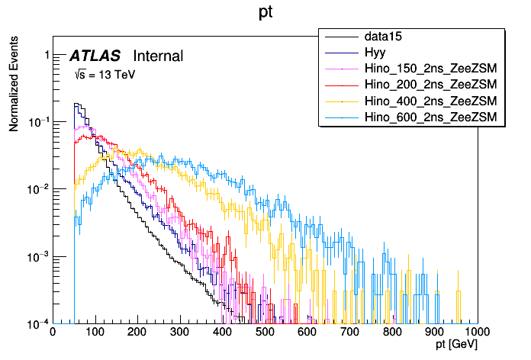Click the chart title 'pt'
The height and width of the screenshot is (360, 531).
[266, 13]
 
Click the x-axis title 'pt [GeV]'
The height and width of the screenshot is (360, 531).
[457, 345]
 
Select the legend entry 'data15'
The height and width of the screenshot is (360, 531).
[382, 37]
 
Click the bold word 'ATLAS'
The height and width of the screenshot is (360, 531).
[95, 56]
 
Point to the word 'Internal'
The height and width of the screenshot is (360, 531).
[158, 56]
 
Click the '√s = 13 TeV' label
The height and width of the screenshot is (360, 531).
[105, 75]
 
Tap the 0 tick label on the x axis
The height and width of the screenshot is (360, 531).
[52, 332]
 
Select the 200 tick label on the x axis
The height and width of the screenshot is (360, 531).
[137, 332]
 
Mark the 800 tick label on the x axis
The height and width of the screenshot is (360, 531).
[392, 332]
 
